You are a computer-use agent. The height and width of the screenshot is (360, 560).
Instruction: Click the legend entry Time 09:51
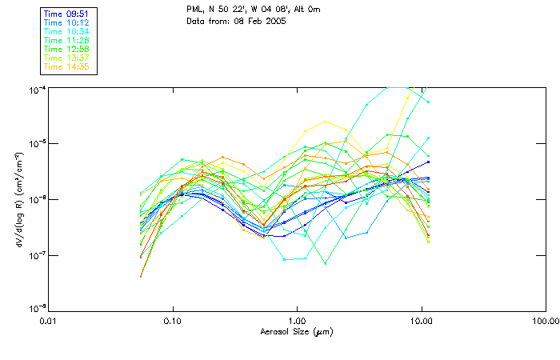[x=67, y=14]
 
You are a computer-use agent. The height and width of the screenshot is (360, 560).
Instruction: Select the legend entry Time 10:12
[x=67, y=22]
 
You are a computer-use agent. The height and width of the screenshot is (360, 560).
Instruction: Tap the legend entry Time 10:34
[x=67, y=31]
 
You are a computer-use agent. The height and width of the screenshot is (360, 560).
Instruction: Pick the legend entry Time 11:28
[x=67, y=40]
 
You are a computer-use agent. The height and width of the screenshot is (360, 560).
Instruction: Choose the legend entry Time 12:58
[x=67, y=49]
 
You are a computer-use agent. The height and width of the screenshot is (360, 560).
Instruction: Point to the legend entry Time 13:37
[x=67, y=58]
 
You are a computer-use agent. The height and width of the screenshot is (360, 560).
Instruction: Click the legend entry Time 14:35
[x=67, y=66]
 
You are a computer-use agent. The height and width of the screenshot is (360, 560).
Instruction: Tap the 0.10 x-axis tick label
[x=172, y=321]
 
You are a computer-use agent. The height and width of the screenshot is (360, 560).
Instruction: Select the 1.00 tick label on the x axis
[x=297, y=321]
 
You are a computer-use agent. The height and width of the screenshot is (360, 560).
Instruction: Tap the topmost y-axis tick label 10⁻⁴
[x=38, y=88]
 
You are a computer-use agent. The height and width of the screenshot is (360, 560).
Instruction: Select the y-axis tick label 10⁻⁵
[x=38, y=143]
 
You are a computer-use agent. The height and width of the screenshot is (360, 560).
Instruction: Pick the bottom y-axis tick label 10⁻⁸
[x=38, y=309]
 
